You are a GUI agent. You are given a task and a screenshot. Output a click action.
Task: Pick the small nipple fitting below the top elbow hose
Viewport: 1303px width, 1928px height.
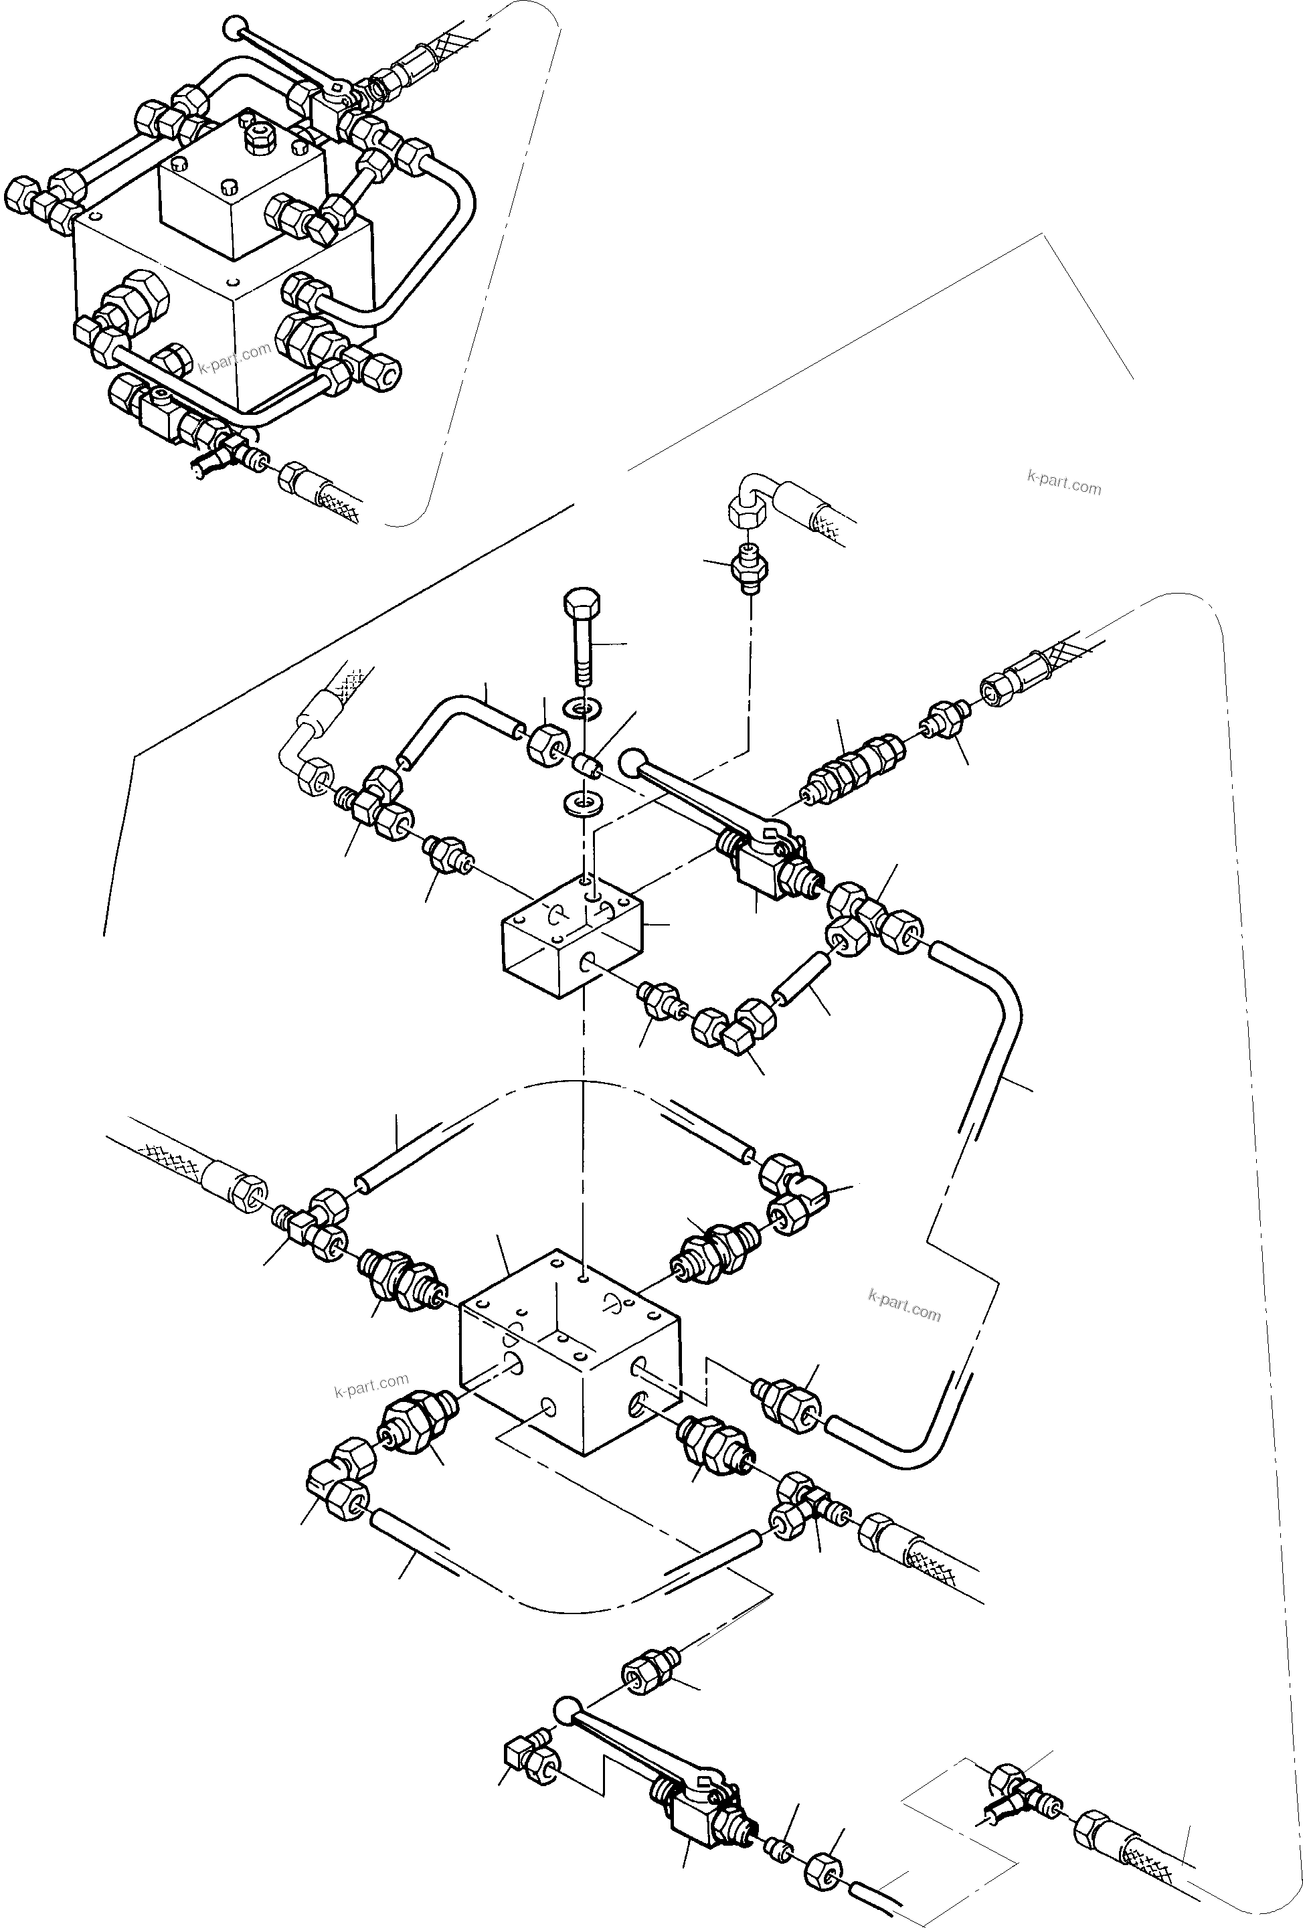pos(749,571)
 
